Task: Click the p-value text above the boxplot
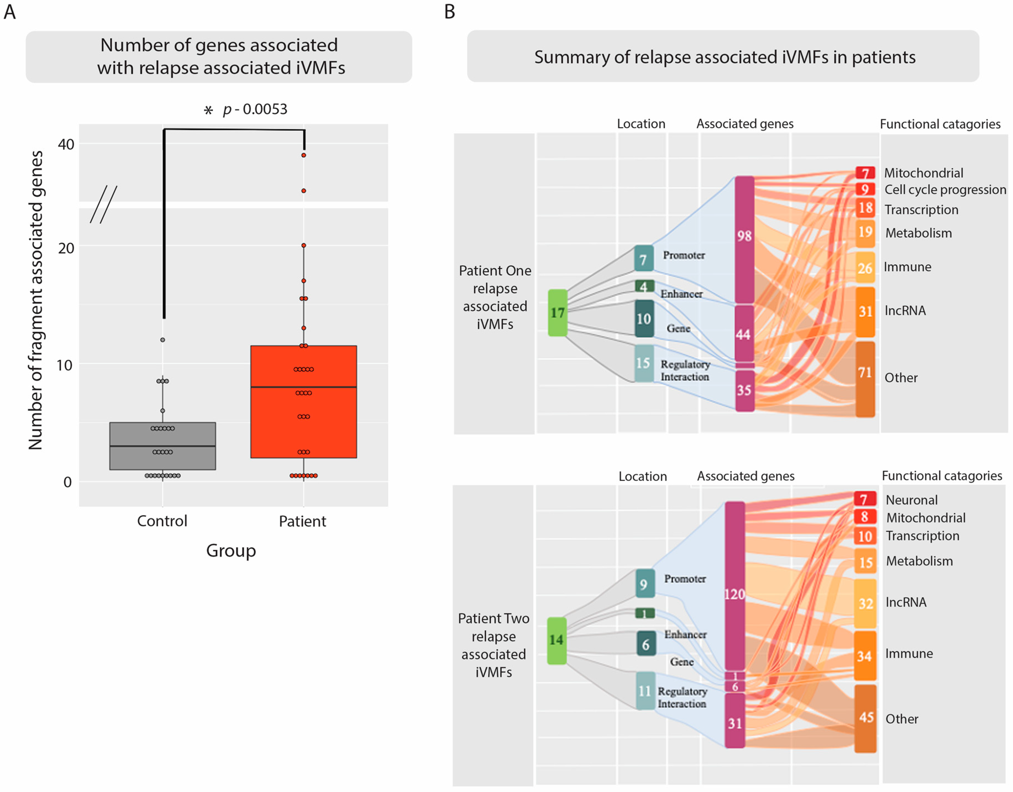pos(255,109)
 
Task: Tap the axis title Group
pos(231,551)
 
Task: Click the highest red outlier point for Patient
pos(304,155)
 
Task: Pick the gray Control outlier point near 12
pos(163,340)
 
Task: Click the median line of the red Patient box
pos(304,387)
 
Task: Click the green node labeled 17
pos(558,313)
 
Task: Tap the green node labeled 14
pos(557,640)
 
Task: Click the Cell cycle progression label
pos(945,190)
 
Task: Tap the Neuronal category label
pos(911,500)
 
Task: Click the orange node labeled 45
pos(865,718)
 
